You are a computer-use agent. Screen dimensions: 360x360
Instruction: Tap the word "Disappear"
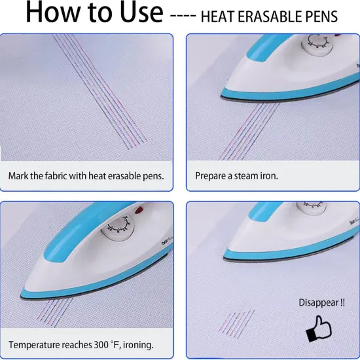319,302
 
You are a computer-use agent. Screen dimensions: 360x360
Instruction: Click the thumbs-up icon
319,329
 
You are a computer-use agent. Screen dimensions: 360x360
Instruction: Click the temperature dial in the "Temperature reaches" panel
118,228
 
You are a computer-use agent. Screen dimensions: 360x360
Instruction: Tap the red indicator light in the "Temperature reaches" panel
139,209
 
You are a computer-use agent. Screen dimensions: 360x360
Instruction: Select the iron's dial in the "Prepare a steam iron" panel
315,45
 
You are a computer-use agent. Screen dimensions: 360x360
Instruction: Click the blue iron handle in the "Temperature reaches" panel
91,231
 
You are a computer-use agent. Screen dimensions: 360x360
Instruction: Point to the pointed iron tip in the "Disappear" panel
225,257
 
